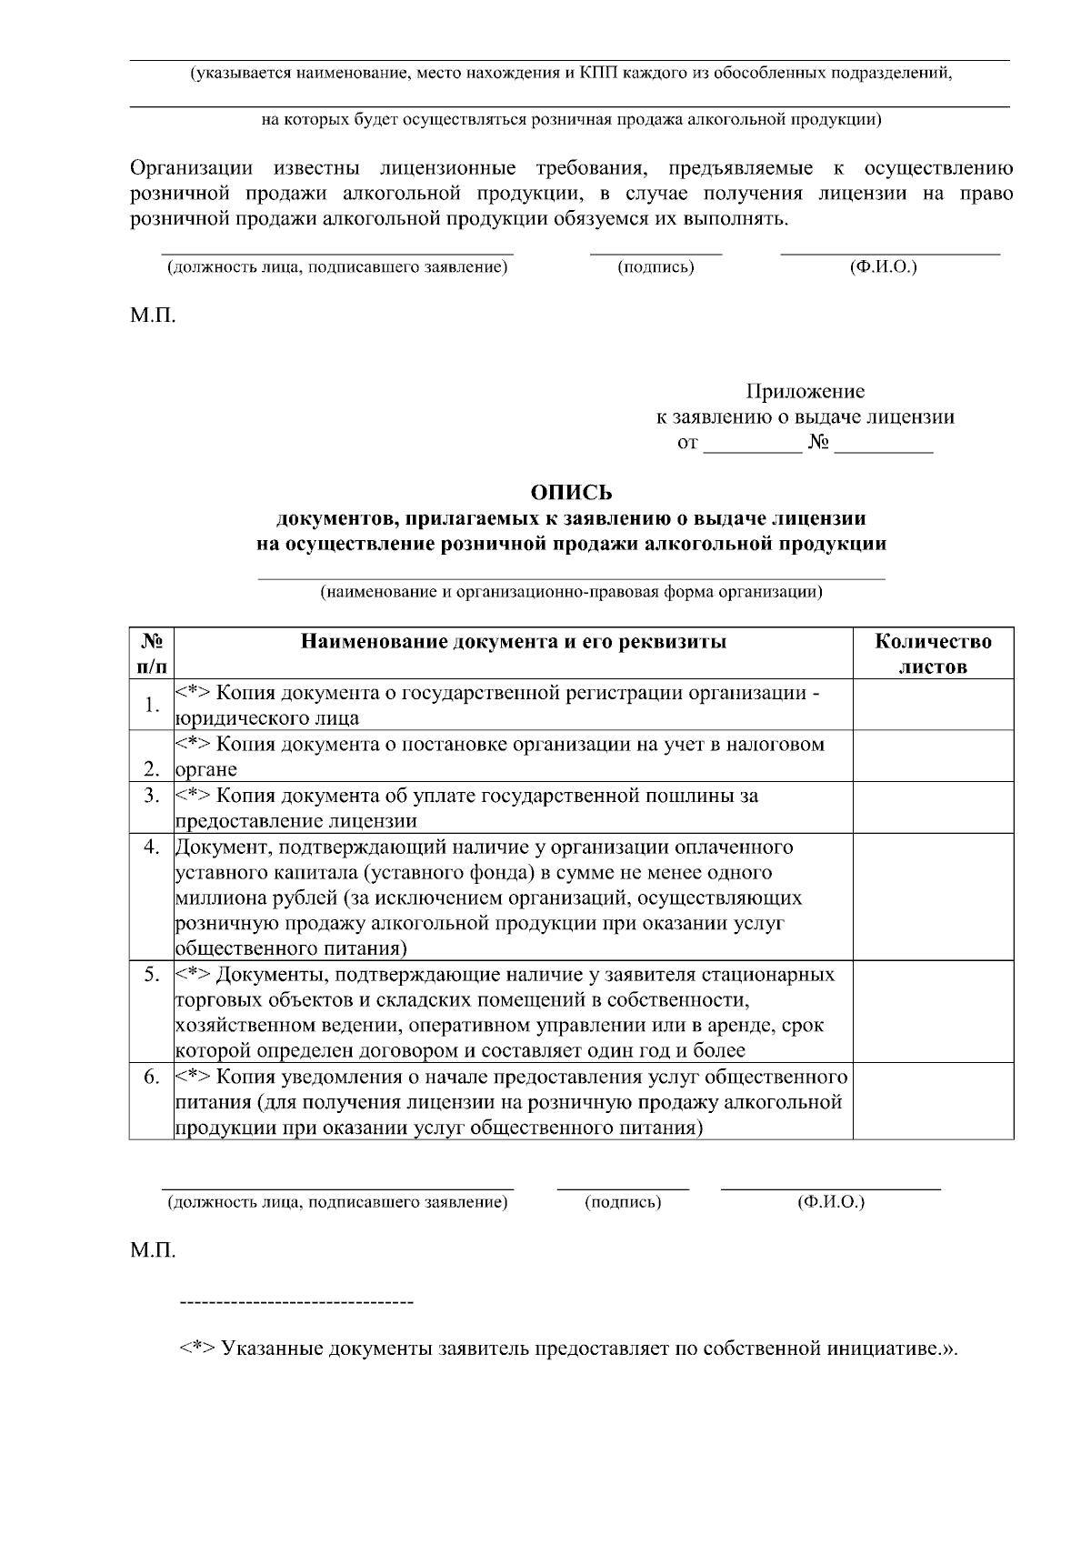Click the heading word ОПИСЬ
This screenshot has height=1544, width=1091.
pos(571,493)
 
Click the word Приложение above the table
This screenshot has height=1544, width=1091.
pos(805,392)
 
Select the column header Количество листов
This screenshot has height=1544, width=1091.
pos(933,653)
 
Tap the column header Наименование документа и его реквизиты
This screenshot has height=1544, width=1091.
pos(514,642)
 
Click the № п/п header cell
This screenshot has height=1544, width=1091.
pos(152,653)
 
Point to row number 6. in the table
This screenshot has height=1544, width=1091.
pos(152,1078)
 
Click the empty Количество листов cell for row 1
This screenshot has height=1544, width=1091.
pos(933,705)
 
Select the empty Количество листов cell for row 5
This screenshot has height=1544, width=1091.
pos(933,1012)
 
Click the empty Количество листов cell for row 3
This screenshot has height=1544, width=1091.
pos(933,807)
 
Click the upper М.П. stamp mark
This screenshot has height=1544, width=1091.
pos(153,316)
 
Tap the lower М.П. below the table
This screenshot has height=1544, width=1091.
pos(153,1250)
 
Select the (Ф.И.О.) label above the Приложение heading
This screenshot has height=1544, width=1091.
pos(883,267)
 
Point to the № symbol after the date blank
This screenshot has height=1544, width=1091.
pos(818,444)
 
